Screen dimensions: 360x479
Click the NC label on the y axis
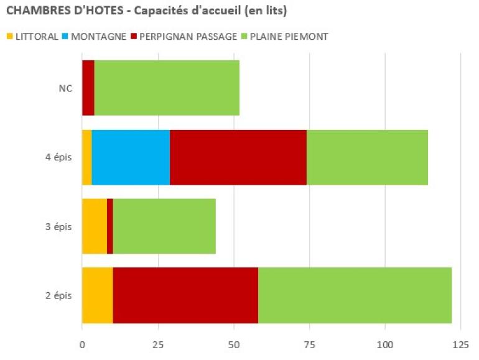click(x=65, y=88)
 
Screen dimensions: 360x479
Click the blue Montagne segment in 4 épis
click(x=131, y=157)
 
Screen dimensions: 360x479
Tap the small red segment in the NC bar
click(x=88, y=88)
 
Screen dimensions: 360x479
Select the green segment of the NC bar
click(x=167, y=88)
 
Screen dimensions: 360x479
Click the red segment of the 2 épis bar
click(x=185, y=295)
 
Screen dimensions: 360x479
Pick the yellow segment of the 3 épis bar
click(x=95, y=226)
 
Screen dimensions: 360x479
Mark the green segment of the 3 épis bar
click(x=164, y=226)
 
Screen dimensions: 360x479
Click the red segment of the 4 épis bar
click(x=238, y=157)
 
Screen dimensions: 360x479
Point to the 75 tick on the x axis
click(x=309, y=344)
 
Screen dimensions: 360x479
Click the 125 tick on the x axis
click(x=460, y=344)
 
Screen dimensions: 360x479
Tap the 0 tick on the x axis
click(x=82, y=344)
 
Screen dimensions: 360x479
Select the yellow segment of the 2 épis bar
click(x=97, y=295)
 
